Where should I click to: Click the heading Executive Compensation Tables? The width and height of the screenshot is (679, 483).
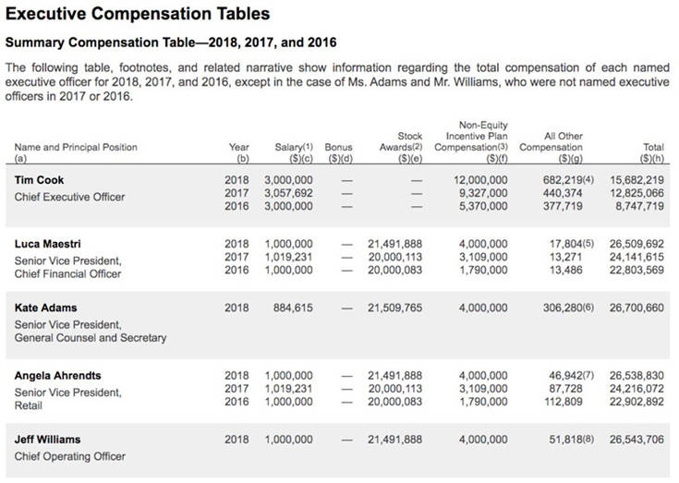(x=139, y=14)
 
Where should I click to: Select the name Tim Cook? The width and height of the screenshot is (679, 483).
(x=40, y=180)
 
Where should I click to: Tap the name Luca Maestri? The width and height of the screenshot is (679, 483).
(x=48, y=244)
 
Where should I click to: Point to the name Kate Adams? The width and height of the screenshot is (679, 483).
(x=44, y=307)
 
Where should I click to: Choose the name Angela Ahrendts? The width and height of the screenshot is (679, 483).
(x=58, y=376)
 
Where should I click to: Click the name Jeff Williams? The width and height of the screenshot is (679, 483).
(x=47, y=440)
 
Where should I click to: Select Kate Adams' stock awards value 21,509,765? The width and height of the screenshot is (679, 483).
(x=394, y=307)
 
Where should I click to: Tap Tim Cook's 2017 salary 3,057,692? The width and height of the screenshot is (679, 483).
(x=288, y=193)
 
